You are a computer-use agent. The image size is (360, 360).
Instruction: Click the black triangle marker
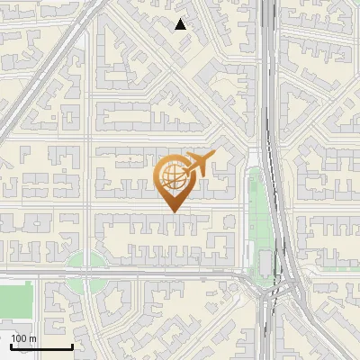[x=180, y=24]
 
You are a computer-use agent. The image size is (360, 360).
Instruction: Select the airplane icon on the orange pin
[x=197, y=164]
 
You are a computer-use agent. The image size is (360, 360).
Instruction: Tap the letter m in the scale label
[x=32, y=338]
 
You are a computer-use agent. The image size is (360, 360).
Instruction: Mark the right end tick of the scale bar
[x=72, y=346]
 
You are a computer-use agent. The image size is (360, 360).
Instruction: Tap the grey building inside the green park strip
[x=263, y=262]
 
